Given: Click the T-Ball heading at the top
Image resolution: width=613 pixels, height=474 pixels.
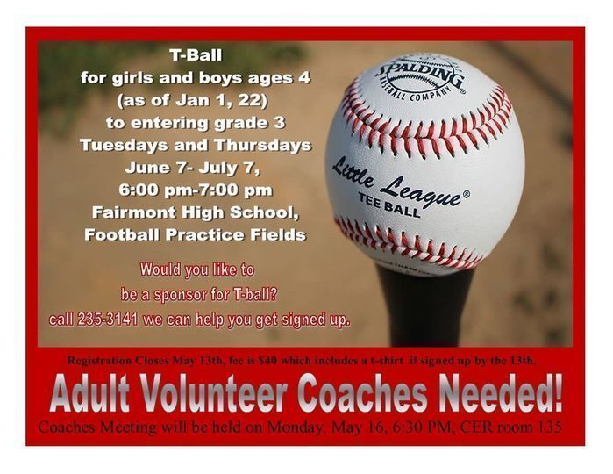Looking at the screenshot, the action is click(196, 54).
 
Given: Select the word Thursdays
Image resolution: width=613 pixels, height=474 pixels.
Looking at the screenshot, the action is click(263, 145).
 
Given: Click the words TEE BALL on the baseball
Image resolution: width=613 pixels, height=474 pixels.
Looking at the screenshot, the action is click(389, 205).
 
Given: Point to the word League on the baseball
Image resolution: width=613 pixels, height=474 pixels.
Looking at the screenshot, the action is click(422, 191).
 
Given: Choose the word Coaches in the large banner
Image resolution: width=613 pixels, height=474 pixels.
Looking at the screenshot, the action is click(362, 393).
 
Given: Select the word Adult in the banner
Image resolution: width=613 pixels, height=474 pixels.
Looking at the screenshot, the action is click(89, 393).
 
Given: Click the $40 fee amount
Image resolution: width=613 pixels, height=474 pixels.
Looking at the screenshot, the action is click(267, 361).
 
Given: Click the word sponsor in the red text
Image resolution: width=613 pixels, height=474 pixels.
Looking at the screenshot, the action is click(181, 294).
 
